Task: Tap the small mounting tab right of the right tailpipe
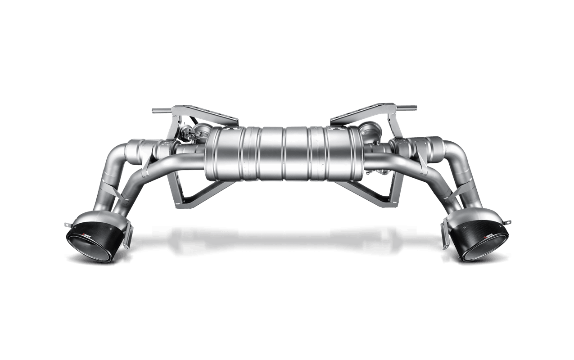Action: pyautogui.click(x=508, y=222)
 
